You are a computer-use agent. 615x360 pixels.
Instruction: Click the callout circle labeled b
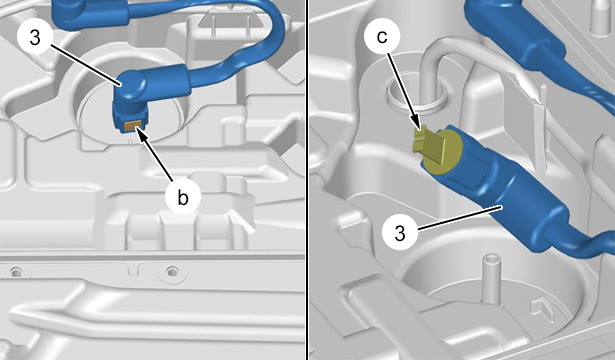click(x=183, y=197)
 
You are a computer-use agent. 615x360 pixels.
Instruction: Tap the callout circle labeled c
click(x=382, y=36)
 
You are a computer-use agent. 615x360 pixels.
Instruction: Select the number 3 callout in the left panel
click(x=35, y=38)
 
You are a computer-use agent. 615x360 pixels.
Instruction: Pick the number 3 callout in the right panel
click(x=399, y=234)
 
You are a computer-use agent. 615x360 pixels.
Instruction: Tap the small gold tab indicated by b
click(x=131, y=125)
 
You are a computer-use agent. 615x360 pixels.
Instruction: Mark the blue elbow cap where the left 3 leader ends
click(x=131, y=85)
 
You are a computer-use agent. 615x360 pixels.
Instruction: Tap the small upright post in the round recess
click(x=491, y=279)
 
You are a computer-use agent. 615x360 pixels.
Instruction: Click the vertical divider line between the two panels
click(x=307, y=180)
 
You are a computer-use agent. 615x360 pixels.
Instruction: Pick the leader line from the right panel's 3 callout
click(x=460, y=217)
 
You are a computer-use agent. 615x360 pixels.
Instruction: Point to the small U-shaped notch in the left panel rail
click(x=133, y=270)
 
